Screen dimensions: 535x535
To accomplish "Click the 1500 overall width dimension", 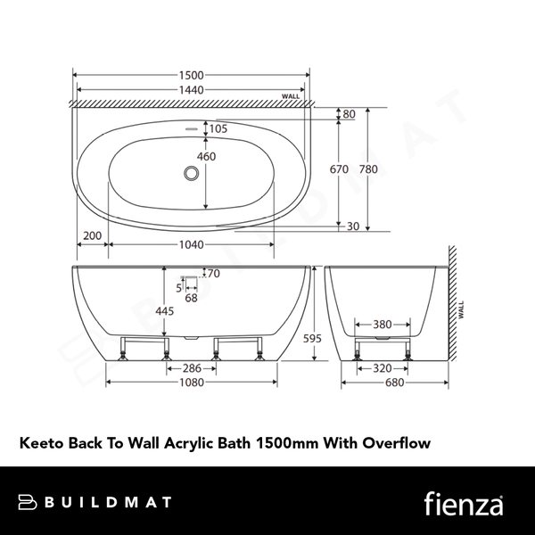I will coord(192,75).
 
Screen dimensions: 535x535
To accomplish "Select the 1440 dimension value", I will coord(192,90).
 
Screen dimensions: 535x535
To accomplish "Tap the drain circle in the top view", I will coord(192,172).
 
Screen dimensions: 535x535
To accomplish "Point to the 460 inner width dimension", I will coord(207,157).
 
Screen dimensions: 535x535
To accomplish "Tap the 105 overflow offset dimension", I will coord(218,129).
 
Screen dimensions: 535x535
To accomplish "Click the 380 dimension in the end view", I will coord(384,325).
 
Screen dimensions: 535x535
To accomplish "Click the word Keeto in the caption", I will coord(40,441).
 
